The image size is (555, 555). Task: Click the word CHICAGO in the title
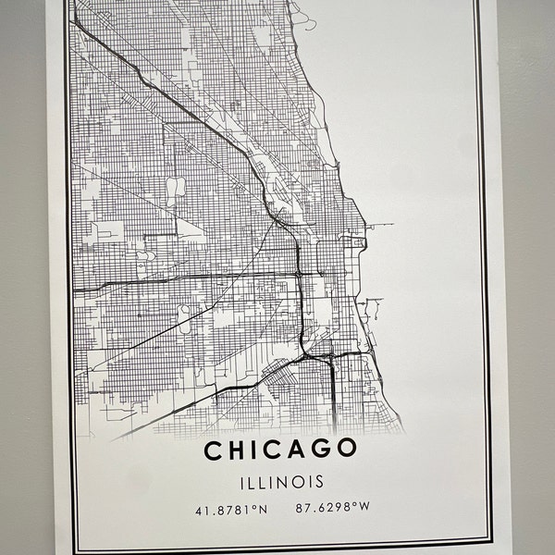tap(279, 450)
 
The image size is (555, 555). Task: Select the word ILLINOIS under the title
tap(279, 481)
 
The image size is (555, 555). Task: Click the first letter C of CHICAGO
tap(213, 450)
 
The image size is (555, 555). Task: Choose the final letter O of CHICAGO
tap(347, 450)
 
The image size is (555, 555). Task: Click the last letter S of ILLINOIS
tap(319, 481)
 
